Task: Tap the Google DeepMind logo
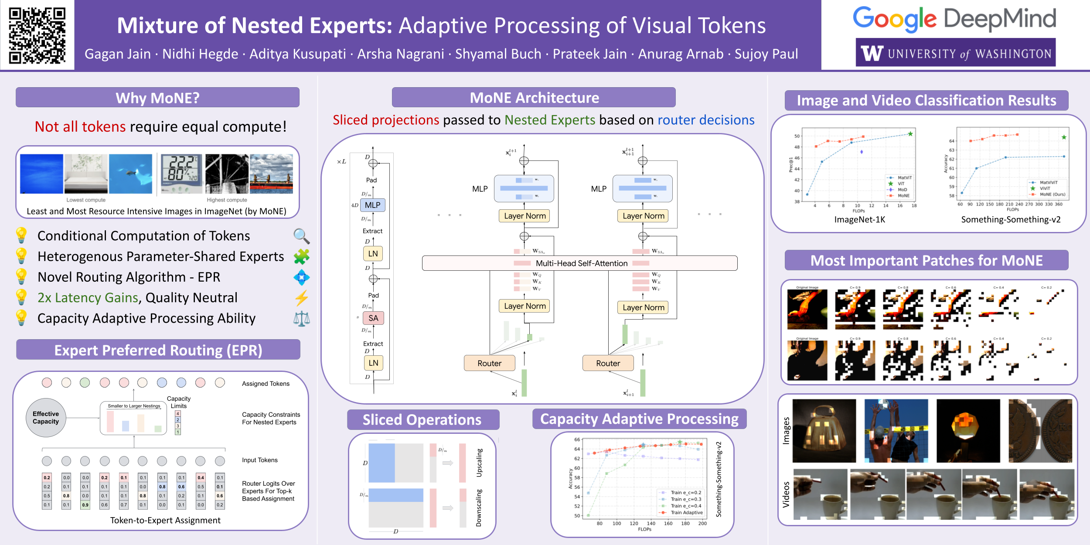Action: (954, 19)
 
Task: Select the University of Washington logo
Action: (955, 53)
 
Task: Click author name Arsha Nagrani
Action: (400, 54)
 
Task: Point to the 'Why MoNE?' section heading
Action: (157, 98)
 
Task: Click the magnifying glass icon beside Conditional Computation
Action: (301, 236)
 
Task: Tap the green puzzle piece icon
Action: (301, 256)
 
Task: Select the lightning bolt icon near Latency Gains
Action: (301, 298)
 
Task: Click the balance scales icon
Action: (301, 319)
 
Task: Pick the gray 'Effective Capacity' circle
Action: (46, 418)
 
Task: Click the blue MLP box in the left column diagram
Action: (372, 205)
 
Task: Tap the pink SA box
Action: (373, 318)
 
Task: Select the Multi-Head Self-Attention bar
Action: (580, 263)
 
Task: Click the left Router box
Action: (489, 363)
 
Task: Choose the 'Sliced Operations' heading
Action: (422, 419)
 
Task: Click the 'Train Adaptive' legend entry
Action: (686, 513)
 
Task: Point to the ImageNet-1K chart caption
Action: (859, 220)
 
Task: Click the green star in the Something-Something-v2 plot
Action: (1064, 137)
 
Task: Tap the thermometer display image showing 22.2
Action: (181, 174)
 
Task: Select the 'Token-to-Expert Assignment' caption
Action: (165, 520)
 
